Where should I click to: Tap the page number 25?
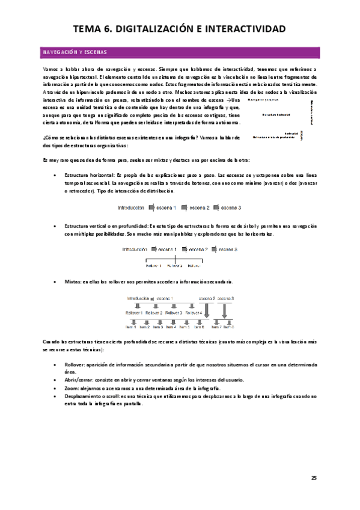click(x=314, y=478)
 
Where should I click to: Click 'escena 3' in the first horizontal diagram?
click(x=230, y=207)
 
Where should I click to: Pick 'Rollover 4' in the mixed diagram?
click(x=194, y=313)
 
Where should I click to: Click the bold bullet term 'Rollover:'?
click(x=77, y=364)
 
